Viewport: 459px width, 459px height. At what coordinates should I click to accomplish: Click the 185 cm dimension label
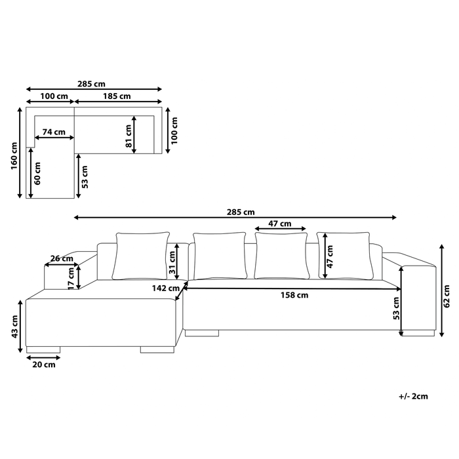coord(117,96)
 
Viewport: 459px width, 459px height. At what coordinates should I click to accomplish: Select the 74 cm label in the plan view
coord(54,132)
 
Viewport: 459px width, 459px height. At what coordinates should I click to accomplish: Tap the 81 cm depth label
coord(129,135)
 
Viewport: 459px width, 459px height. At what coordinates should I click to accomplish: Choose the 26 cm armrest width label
coord(62,258)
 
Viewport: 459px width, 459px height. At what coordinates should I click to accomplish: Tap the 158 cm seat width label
coord(295,295)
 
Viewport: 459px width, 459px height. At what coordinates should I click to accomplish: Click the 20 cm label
coord(43,365)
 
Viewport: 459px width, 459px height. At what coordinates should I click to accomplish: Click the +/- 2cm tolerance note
coord(413,396)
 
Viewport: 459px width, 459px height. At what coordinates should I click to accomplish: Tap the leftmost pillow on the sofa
coord(141,256)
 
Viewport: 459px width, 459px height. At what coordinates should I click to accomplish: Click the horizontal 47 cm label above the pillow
coord(281,224)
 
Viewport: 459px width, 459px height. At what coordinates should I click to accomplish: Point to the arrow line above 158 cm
coord(295,287)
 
